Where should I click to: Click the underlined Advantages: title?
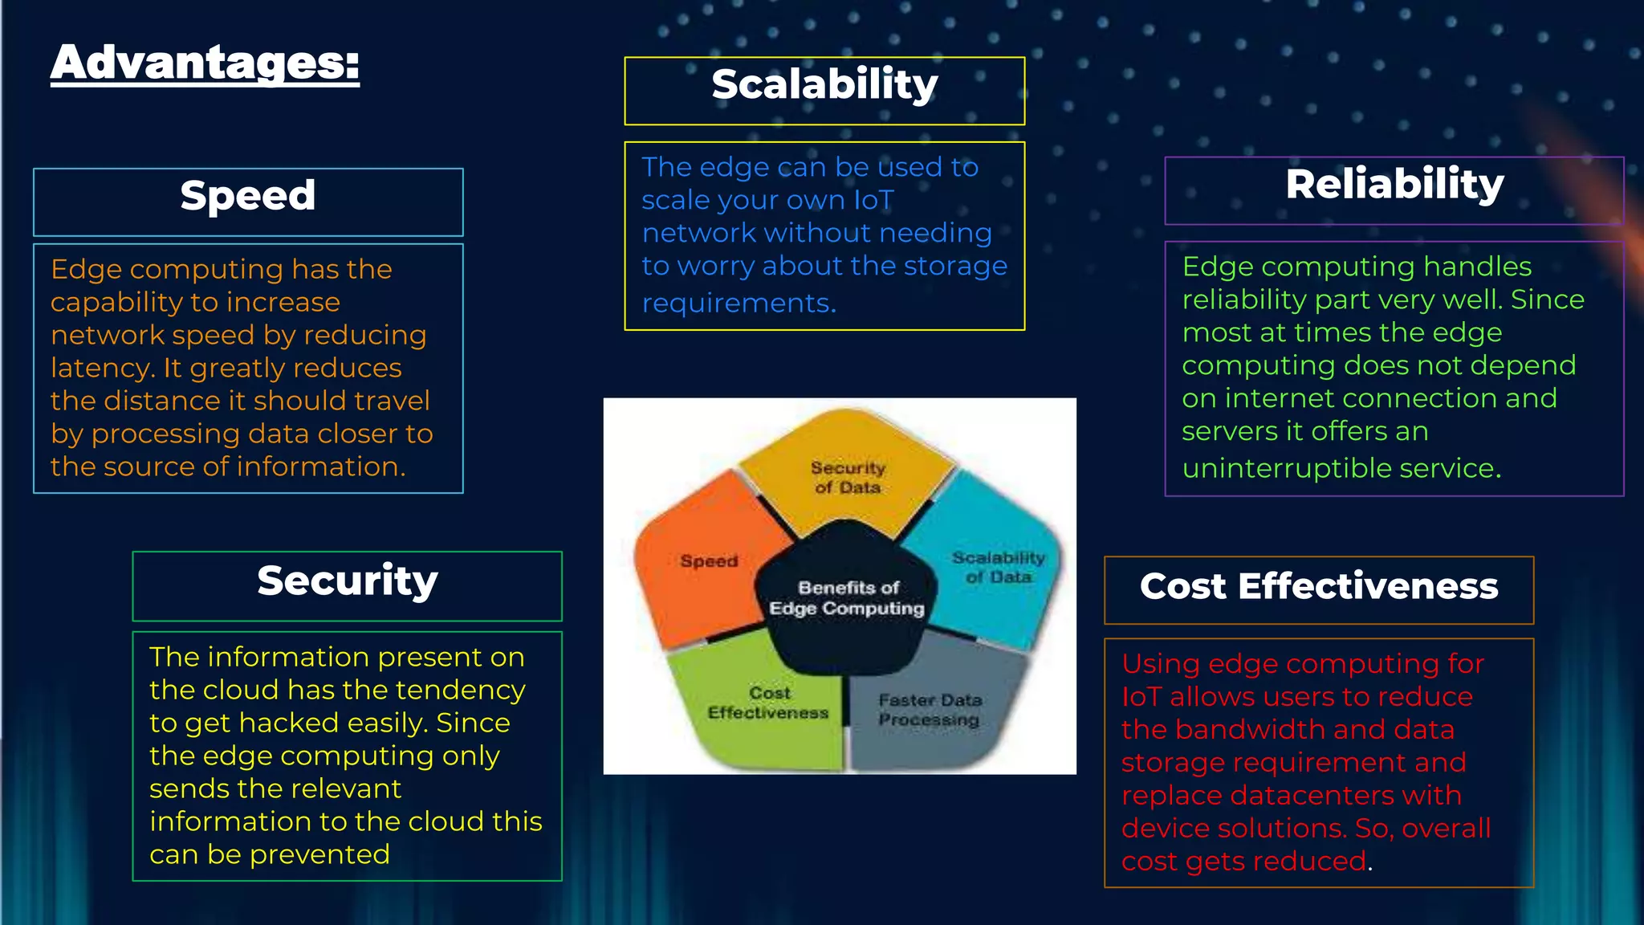205,63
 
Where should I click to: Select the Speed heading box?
248,201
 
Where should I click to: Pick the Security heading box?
347,584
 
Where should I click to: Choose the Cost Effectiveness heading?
1319,588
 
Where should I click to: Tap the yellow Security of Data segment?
847,478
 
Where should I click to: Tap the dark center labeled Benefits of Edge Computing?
847,599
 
